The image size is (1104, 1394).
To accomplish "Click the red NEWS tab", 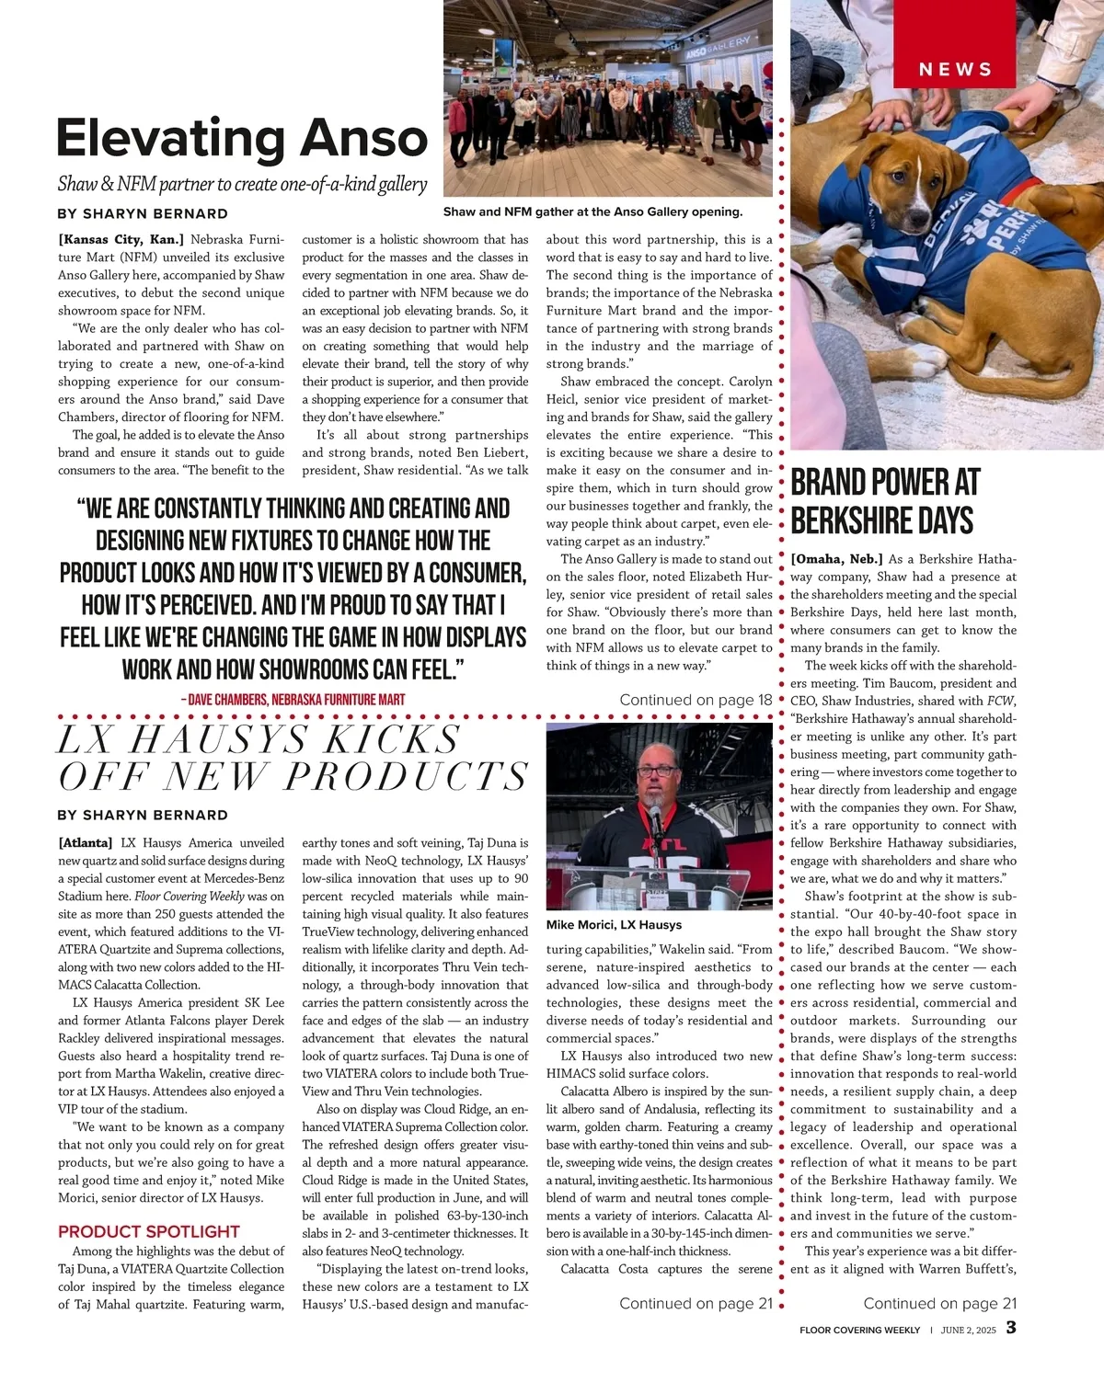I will coord(955,69).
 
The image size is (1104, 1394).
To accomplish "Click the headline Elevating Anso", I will coord(242,138).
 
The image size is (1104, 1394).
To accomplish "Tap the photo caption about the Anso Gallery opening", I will coord(592,211).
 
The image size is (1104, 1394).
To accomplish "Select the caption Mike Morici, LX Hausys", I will coord(614,925).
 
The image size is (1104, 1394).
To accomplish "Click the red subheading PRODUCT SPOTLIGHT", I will coord(148,1231).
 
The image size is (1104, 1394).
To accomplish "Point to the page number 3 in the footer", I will coord(1011,1328).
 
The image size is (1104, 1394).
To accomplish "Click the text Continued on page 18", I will coord(696,700).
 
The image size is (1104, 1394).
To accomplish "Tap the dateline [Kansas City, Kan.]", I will coord(121,239).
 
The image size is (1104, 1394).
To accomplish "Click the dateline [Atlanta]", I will coord(86,842).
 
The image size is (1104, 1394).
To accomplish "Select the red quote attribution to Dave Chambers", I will coord(293,700).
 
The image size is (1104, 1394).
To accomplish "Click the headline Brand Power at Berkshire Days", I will coord(885,501).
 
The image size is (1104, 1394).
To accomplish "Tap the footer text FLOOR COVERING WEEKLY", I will coord(859,1330).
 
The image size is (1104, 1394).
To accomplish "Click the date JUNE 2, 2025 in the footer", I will coord(968,1330).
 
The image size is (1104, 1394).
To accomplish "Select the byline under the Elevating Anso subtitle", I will coord(143,213).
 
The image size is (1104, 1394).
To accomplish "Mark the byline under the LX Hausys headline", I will coord(143,815).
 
